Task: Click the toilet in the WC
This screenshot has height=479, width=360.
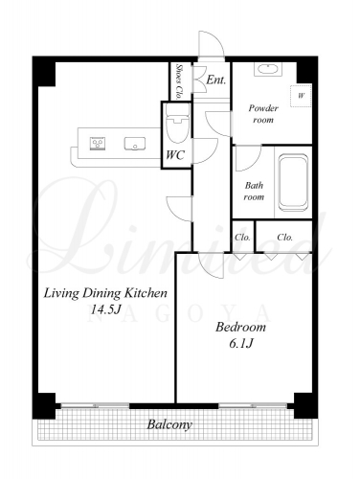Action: [178, 124]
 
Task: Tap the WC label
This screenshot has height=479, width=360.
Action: [175, 155]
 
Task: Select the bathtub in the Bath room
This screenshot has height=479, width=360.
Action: [294, 183]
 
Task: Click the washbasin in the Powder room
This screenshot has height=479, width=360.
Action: [268, 69]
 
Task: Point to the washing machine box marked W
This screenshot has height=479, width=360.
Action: [301, 96]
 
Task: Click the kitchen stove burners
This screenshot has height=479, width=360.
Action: [98, 143]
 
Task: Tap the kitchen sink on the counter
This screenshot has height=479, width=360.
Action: [135, 144]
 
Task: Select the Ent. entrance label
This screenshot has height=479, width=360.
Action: [216, 80]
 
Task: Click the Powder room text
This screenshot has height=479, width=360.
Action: [263, 114]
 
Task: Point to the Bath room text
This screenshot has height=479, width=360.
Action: [254, 191]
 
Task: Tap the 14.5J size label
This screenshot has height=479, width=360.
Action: [105, 309]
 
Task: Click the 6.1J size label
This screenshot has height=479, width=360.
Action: [241, 343]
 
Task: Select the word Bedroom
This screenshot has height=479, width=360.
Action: [240, 327]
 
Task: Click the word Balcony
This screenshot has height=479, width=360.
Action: [169, 424]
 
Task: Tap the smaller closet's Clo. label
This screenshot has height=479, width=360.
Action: [242, 238]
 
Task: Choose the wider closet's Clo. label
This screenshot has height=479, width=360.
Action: [284, 238]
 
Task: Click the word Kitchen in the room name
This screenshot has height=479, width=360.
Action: [146, 293]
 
